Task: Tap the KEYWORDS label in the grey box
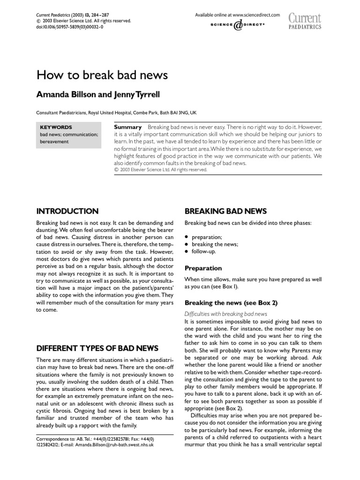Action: pos(56,127)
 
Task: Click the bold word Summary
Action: pos(128,127)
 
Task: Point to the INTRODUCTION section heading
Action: pos(67,211)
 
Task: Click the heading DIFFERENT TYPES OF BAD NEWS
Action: pos(97,348)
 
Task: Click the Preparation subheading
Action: pos(203,268)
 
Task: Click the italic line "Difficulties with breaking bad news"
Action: pos(226,314)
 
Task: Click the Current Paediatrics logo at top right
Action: pos(305,22)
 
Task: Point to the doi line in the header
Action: pos(70,28)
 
